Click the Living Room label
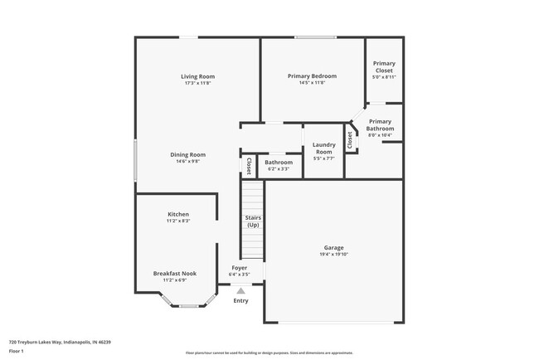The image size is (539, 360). (x=198, y=76)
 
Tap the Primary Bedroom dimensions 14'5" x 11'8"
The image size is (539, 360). (x=312, y=83)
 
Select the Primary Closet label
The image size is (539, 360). (x=384, y=66)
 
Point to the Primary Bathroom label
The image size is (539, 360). (x=381, y=124)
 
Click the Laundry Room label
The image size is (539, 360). (x=323, y=148)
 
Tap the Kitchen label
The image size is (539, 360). (x=178, y=214)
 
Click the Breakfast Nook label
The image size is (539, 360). (x=174, y=273)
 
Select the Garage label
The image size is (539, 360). (x=334, y=248)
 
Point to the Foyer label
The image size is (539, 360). (x=240, y=268)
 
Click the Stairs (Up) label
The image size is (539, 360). (x=253, y=221)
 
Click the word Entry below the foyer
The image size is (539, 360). (x=240, y=300)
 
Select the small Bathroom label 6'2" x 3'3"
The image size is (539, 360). (x=279, y=163)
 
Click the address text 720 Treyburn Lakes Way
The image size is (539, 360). (x=60, y=341)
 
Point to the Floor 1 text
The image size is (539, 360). (x=17, y=351)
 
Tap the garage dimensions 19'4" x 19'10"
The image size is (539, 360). (x=334, y=255)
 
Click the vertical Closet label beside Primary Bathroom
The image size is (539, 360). (x=350, y=140)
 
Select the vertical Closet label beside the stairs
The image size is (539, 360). (x=249, y=165)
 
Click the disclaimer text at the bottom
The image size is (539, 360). (x=269, y=353)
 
